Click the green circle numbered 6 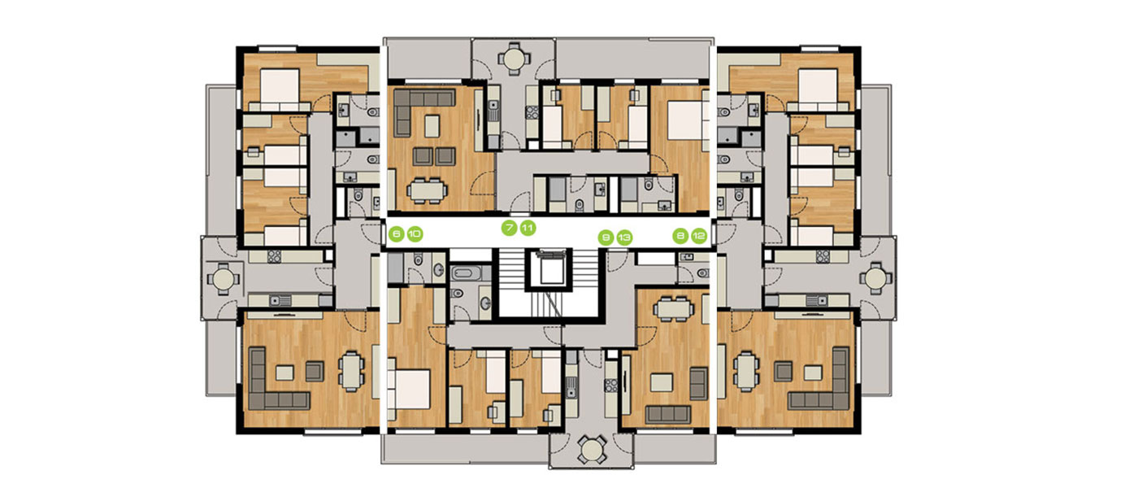click(x=397, y=234)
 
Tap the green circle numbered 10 click(x=415, y=234)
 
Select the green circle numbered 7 click(x=509, y=229)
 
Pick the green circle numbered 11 click(x=528, y=229)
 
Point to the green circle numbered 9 click(x=606, y=237)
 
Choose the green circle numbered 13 click(x=624, y=237)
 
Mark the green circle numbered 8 click(x=680, y=236)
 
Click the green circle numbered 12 click(x=699, y=236)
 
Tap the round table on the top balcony click(x=514, y=59)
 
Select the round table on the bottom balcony click(x=592, y=449)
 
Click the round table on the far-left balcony click(x=223, y=278)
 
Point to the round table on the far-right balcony click(x=875, y=278)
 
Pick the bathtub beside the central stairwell click(x=467, y=273)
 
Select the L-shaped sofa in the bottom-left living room click(x=277, y=379)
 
